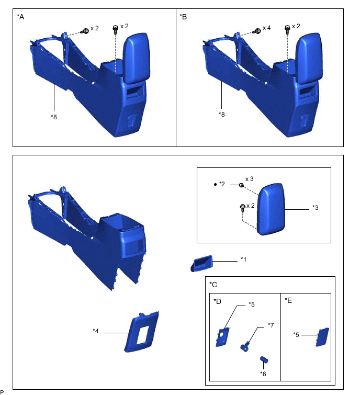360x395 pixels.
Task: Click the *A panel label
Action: click(20, 17)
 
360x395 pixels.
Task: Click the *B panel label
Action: click(183, 17)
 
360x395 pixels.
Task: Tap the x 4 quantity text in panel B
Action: click(266, 28)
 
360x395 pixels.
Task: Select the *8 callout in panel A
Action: click(54, 117)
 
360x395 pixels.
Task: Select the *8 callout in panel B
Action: click(221, 115)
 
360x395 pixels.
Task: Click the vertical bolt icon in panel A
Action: click(116, 29)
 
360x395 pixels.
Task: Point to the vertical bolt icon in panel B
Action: click(287, 29)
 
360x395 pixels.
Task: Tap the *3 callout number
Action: click(316, 208)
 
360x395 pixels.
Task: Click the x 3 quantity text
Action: click(250, 179)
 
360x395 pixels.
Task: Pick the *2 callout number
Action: click(222, 184)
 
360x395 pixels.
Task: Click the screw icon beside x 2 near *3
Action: click(243, 208)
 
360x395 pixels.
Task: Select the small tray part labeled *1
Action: click(202, 263)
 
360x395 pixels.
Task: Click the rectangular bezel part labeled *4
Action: click(141, 332)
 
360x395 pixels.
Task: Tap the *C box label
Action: click(213, 285)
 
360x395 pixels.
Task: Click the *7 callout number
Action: click(271, 325)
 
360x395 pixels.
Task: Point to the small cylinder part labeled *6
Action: click(264, 359)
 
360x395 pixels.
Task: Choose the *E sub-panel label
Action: click(288, 300)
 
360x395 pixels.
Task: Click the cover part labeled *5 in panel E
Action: click(322, 337)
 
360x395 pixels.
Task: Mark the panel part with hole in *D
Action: click(222, 337)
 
